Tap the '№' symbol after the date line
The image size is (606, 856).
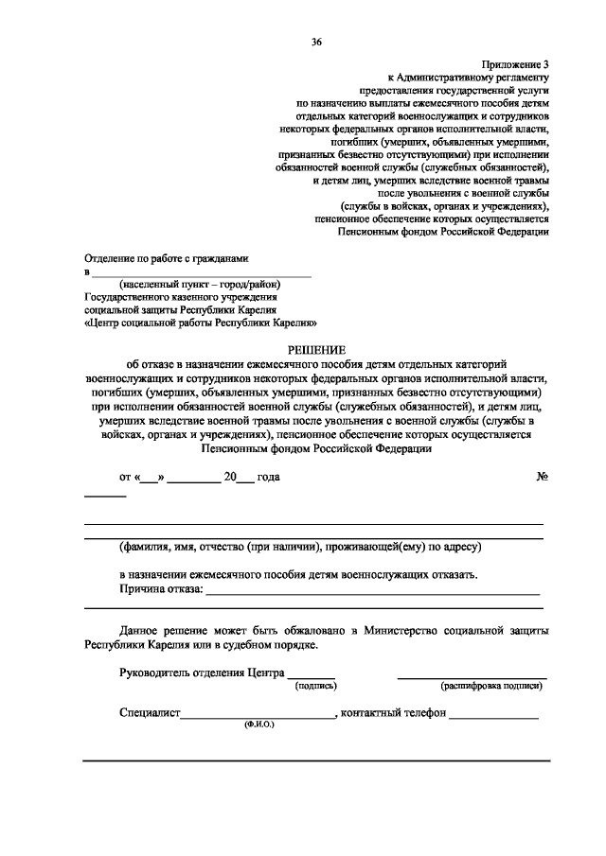pos(543,477)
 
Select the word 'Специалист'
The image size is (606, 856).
pos(150,713)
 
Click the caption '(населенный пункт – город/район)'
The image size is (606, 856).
pos(200,283)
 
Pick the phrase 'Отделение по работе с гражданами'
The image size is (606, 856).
pos(166,258)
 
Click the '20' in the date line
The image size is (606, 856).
pos(229,477)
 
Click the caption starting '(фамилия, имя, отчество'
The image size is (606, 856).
pos(301,547)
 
